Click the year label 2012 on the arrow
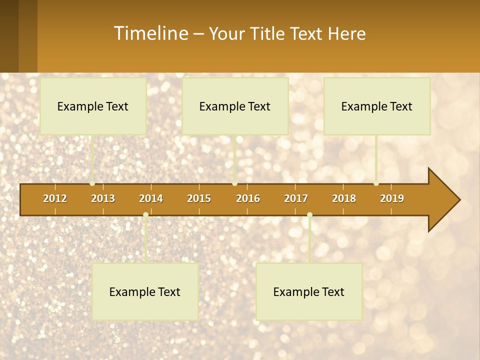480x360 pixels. pyautogui.click(x=55, y=198)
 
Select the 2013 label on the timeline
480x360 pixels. pyautogui.click(x=103, y=198)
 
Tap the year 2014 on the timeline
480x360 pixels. pyautogui.click(x=151, y=198)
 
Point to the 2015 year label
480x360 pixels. pyautogui.click(x=199, y=198)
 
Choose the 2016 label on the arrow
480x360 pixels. pyautogui.click(x=248, y=198)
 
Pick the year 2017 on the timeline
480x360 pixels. pyautogui.click(x=296, y=198)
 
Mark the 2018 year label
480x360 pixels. pyautogui.click(x=344, y=198)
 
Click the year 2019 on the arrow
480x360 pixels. pyautogui.click(x=392, y=198)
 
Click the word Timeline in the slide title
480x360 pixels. pyautogui.click(x=150, y=33)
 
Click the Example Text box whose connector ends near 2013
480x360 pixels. pyautogui.click(x=93, y=106)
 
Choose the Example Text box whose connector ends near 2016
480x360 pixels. pyautogui.click(x=235, y=106)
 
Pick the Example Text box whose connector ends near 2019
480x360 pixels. pyautogui.click(x=377, y=106)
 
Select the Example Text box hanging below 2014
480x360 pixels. pyautogui.click(x=145, y=291)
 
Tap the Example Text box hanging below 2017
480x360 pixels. pyautogui.click(x=309, y=291)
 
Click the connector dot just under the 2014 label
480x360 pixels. pyautogui.click(x=145, y=215)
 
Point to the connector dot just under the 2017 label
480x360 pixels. pyautogui.click(x=309, y=215)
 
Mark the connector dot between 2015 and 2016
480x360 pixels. pyautogui.click(x=235, y=183)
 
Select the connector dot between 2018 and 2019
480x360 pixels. pyautogui.click(x=376, y=183)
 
